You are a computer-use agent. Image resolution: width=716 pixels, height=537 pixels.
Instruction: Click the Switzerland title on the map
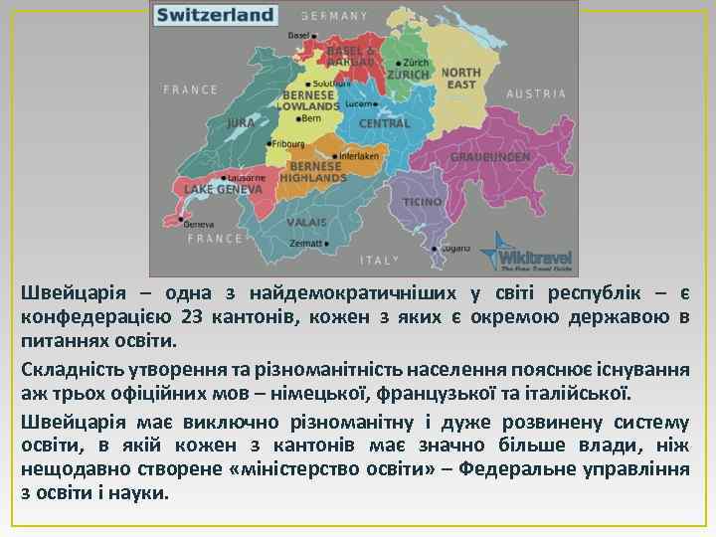point(215,15)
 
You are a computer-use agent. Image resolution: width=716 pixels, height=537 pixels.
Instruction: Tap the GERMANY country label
point(334,16)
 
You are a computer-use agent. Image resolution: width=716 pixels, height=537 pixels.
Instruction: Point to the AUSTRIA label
point(536,93)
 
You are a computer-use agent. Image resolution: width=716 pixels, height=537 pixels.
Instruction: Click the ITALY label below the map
point(379,260)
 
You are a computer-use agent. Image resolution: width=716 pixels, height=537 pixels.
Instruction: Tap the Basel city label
point(298,35)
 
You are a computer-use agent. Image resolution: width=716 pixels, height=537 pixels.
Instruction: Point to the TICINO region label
point(422,202)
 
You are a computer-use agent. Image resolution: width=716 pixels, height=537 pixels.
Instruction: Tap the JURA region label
point(241,123)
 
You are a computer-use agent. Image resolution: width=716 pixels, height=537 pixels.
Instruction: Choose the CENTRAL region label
point(384,123)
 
